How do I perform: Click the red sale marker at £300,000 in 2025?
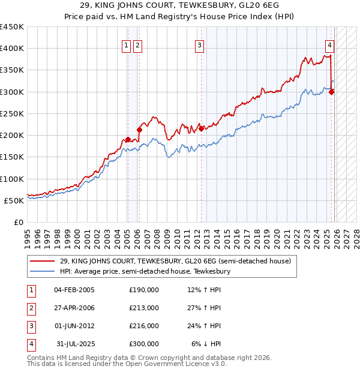coord(332,92)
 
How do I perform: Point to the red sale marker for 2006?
coord(139,129)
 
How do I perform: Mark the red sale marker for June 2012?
coord(202,128)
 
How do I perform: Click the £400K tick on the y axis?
coord(12,49)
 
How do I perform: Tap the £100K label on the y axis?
coord(12,179)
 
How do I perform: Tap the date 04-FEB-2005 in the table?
coord(74,290)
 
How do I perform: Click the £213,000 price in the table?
coord(143,308)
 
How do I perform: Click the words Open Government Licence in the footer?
coord(177,364)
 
